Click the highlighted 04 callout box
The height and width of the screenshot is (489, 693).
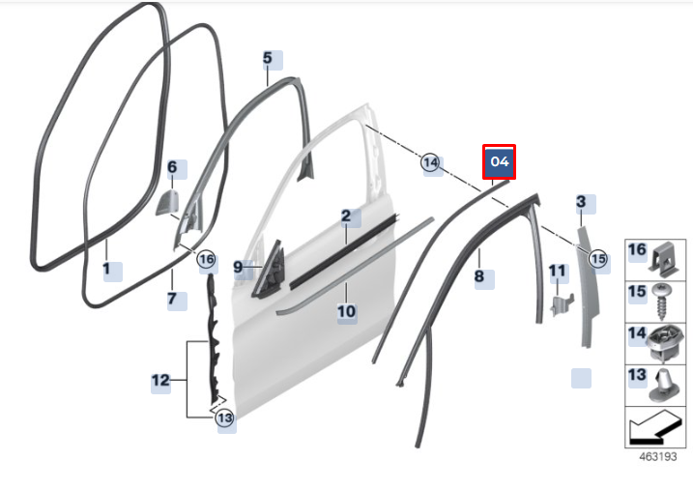point(499,161)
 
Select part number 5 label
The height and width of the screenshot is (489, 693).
point(268,58)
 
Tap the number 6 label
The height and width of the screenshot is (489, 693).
point(172,167)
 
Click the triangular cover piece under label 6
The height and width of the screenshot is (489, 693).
point(167,203)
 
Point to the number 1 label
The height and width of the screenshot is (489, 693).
point(106,269)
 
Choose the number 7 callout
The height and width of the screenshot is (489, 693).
point(172,299)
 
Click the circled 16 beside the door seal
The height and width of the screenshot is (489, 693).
point(207,259)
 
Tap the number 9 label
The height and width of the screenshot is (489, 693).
point(238,267)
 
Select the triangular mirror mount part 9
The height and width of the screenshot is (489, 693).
point(269,270)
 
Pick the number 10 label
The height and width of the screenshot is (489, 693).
point(346,311)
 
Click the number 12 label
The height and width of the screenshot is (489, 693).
point(160,380)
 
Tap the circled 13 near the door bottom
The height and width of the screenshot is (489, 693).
point(224,417)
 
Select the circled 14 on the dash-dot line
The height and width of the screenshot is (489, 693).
point(430,163)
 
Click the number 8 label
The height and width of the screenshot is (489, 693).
point(479,276)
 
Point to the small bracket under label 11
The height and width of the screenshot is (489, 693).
point(562,304)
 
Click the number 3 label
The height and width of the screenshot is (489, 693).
point(581,202)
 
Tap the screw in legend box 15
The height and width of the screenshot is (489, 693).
point(662,302)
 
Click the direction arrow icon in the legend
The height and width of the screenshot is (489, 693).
point(655,428)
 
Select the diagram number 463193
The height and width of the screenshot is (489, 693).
point(658,457)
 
